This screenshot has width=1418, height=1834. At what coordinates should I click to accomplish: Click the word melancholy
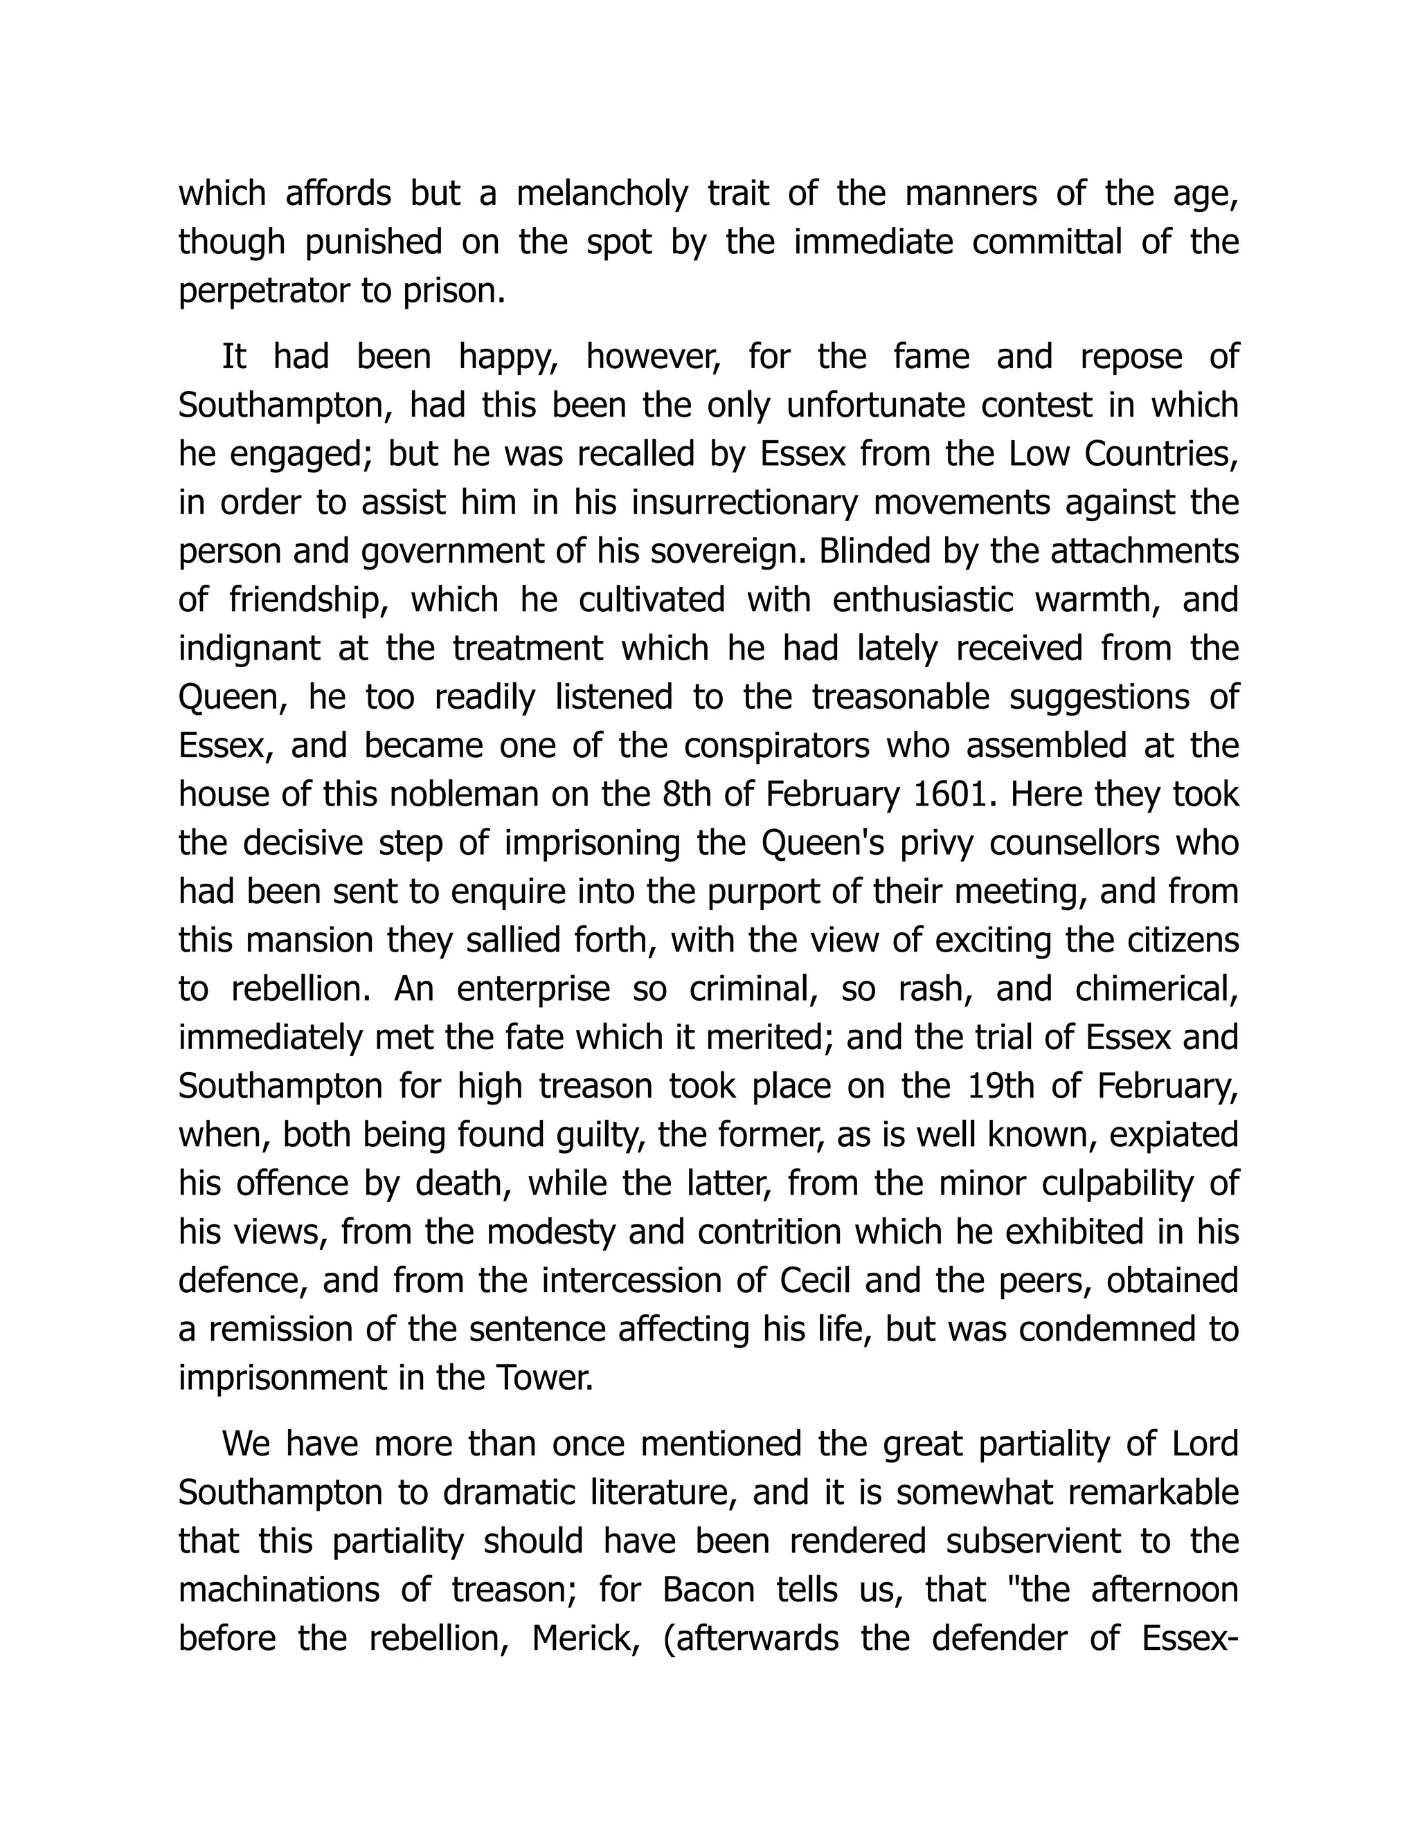602,194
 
